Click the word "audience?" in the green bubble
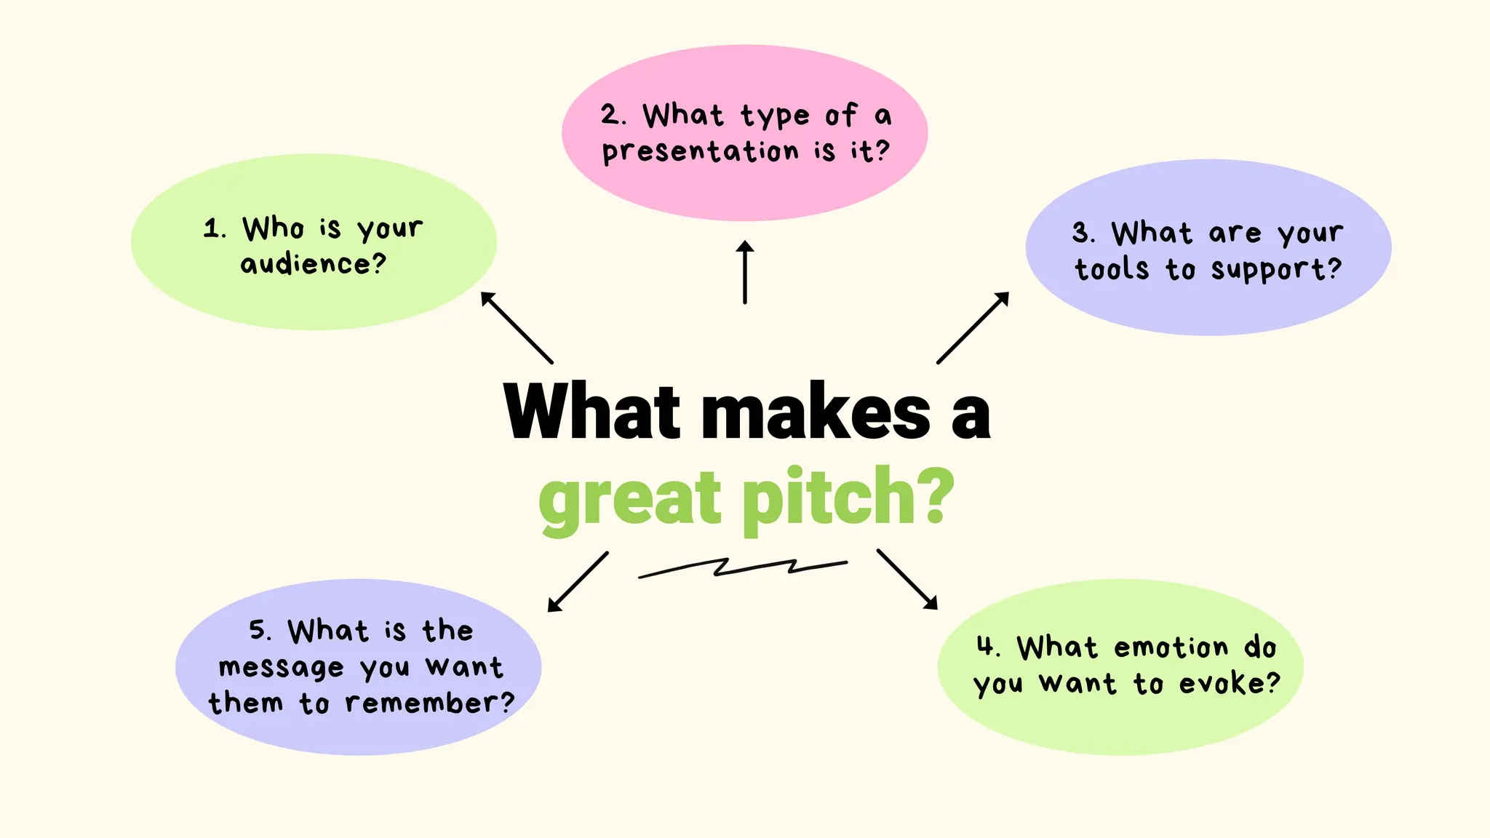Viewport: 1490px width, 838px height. coord(313,263)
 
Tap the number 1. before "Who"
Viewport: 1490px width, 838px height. coord(215,228)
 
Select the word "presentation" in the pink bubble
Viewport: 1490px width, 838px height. coord(701,152)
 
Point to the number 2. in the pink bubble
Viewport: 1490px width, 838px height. coord(613,115)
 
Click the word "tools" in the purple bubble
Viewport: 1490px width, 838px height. coord(1112,269)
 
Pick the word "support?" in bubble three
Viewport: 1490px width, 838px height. coord(1276,270)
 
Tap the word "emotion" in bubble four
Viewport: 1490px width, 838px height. coord(1171,647)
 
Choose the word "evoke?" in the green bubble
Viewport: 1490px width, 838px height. coord(1229,683)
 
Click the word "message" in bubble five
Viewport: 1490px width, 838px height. coord(281,667)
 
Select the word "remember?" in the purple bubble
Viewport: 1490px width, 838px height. coord(429,703)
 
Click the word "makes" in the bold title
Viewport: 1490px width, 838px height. coord(816,412)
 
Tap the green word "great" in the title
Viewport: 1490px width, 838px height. coord(629,499)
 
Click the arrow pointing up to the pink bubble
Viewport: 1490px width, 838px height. coord(745,272)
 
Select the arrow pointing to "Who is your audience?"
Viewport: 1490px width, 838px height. coord(517,327)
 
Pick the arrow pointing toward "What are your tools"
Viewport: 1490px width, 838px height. coord(973,327)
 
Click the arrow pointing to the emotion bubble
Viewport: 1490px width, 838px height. coord(907,578)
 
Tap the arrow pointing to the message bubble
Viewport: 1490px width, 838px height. coord(578,581)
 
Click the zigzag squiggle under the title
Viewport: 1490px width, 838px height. coord(742,567)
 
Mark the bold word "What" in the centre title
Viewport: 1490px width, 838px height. coord(591,412)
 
